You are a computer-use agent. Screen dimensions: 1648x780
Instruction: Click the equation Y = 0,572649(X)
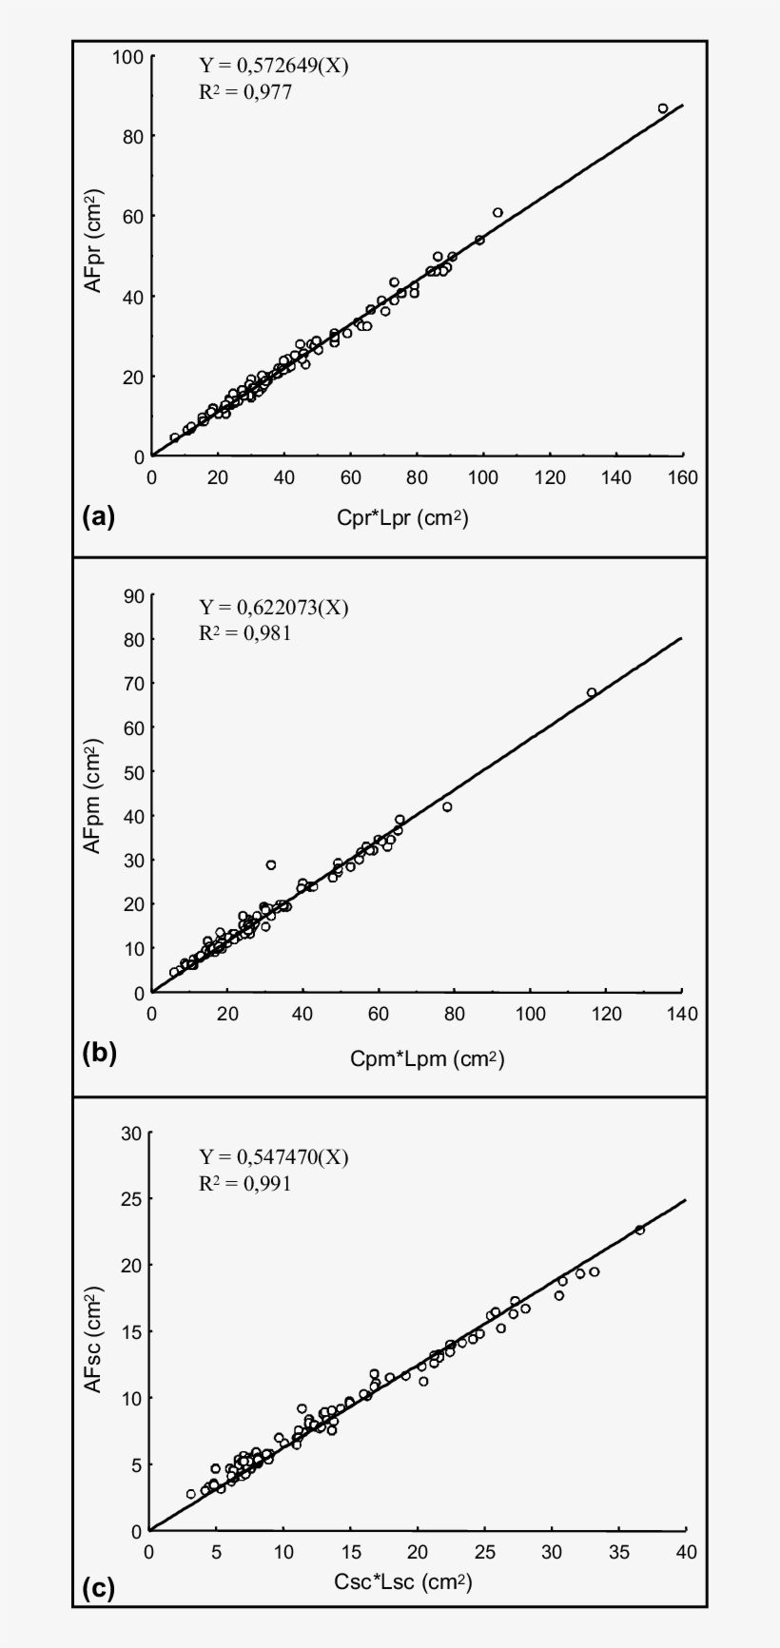tap(266, 66)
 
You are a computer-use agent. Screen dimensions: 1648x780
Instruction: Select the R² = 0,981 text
tap(244, 633)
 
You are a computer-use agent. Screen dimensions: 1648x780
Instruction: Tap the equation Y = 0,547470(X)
tap(273, 1157)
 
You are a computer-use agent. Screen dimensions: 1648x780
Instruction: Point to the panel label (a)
tap(98, 517)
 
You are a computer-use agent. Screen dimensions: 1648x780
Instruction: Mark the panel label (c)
tap(98, 1588)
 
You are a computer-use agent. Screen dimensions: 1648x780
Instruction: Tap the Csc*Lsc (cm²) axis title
tap(403, 1582)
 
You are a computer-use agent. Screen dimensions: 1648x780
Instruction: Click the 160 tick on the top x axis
tap(682, 477)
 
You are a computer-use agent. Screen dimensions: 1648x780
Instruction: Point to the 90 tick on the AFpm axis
tap(132, 595)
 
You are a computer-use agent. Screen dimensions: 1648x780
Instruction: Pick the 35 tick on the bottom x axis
tap(618, 1552)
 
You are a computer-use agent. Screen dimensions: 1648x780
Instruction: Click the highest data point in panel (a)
tap(663, 108)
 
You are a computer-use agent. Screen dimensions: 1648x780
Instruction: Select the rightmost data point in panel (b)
tap(591, 692)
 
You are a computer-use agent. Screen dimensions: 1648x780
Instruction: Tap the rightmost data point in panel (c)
tap(640, 1230)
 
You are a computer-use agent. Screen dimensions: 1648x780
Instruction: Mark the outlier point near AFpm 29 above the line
tap(271, 864)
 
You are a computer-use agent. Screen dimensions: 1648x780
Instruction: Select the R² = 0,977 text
tap(244, 92)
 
